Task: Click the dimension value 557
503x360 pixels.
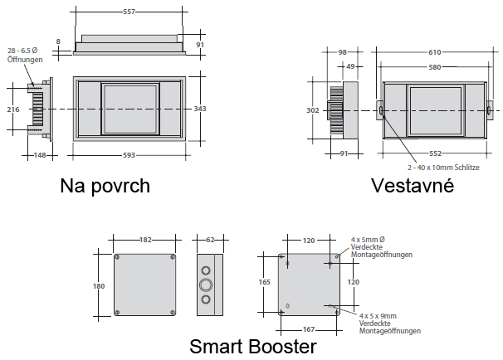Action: click(128, 12)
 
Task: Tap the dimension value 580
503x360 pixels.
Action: click(434, 67)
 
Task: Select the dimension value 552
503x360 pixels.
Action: click(435, 153)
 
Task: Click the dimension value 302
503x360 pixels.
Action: click(313, 109)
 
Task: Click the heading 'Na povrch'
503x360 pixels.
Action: click(105, 186)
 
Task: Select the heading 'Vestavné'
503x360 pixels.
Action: click(413, 186)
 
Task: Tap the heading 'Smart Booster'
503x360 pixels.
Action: click(253, 345)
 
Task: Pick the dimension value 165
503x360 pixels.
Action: click(265, 283)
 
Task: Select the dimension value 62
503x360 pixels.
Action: click(209, 240)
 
